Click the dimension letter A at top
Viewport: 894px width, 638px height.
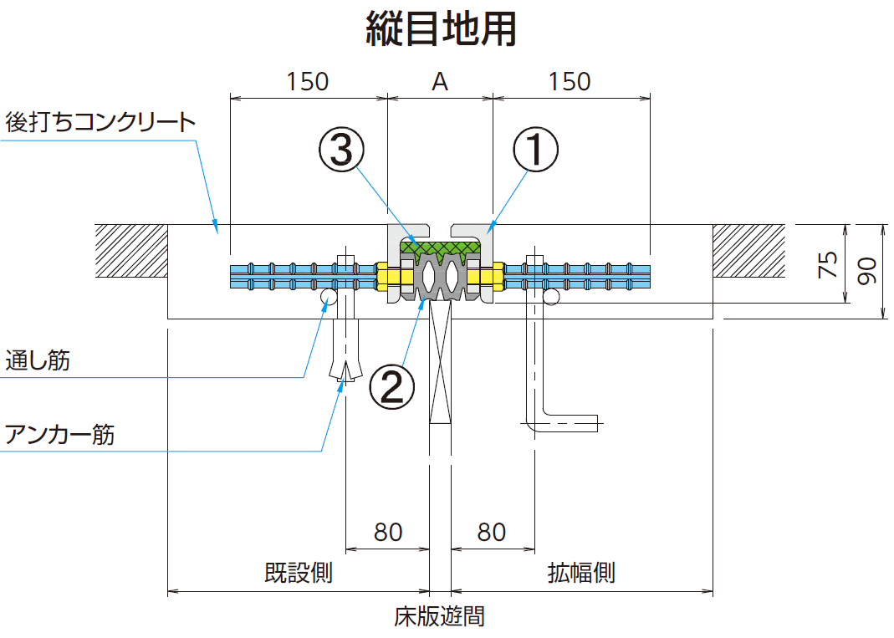tap(440, 82)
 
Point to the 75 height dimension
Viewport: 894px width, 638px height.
tap(827, 266)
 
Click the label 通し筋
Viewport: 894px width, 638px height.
tap(38, 361)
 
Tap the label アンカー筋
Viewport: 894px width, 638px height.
tap(59, 435)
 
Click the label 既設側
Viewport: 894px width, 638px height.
tap(299, 574)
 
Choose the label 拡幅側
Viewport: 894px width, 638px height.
tap(581, 574)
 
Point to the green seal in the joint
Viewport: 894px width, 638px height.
tap(440, 247)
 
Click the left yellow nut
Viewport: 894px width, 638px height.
tap(388, 275)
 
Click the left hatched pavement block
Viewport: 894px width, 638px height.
tap(131, 251)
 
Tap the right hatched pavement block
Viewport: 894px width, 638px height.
tap(748, 251)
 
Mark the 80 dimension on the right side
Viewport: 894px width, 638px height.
tap(492, 532)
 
